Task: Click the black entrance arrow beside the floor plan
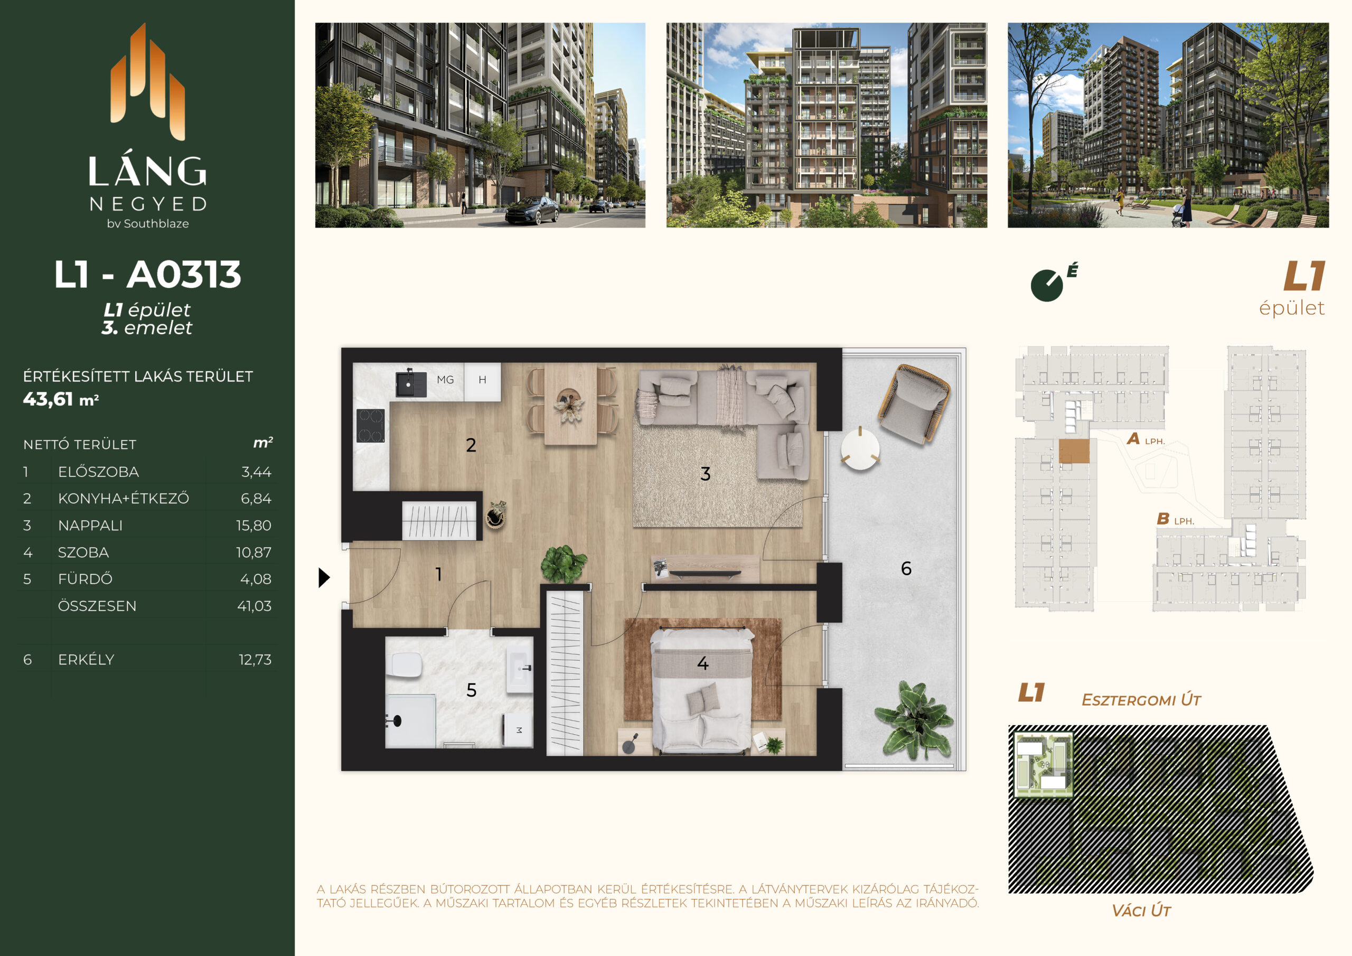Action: click(x=324, y=577)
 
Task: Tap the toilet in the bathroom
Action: click(x=406, y=665)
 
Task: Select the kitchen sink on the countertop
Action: click(x=410, y=383)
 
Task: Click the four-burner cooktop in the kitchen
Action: click(x=370, y=425)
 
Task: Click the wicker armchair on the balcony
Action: click(x=914, y=404)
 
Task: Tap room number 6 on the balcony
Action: click(x=906, y=568)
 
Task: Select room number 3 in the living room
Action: click(x=706, y=474)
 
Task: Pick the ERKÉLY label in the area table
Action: click(x=86, y=660)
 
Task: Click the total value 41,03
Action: click(x=255, y=606)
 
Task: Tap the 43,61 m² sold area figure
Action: click(x=61, y=399)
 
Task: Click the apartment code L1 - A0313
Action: click(x=148, y=275)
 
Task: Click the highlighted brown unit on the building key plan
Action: click(x=1074, y=451)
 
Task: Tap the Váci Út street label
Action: click(x=1141, y=911)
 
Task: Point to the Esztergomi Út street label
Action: click(x=1141, y=700)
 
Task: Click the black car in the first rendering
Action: click(x=532, y=210)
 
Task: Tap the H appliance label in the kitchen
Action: click(x=482, y=380)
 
